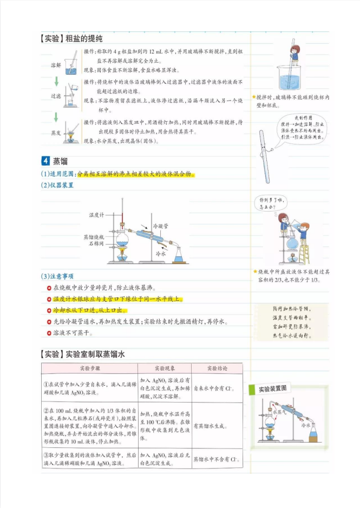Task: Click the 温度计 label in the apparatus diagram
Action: pyautogui.click(x=97, y=215)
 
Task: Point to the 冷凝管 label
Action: pyautogui.click(x=161, y=225)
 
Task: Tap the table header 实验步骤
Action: pyautogui.click(x=89, y=368)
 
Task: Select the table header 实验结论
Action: pyautogui.click(x=217, y=368)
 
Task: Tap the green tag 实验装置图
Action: pyautogui.click(x=272, y=389)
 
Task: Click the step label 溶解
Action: pyautogui.click(x=56, y=65)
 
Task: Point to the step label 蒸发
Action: pyautogui.click(x=56, y=132)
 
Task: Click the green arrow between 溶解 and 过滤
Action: pyautogui.click(x=56, y=81)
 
